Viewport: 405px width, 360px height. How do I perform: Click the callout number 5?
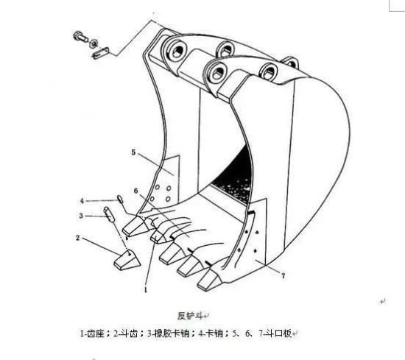pos(133,152)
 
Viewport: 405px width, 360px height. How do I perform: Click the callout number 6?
pos(136,191)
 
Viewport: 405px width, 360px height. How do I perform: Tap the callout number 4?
pos(82,201)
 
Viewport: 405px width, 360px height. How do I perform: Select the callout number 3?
pos(81,216)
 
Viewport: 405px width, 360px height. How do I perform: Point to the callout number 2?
pos(78,238)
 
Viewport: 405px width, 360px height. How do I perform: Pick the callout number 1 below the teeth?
pos(146,289)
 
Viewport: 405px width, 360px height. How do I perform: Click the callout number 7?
pos(283,276)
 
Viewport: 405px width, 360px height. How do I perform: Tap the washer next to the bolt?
pos(94,43)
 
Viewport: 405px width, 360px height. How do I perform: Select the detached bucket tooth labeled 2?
pos(127,260)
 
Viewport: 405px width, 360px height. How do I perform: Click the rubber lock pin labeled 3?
pos(109,214)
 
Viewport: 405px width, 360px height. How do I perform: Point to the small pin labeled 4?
pos(120,199)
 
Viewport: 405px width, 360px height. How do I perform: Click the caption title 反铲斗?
pos(190,316)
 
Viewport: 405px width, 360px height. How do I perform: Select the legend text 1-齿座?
pos(92,333)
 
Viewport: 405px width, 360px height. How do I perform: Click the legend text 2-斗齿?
pos(125,333)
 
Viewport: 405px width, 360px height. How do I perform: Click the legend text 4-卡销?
pos(211,333)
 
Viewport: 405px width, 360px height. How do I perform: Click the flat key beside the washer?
pos(101,53)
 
